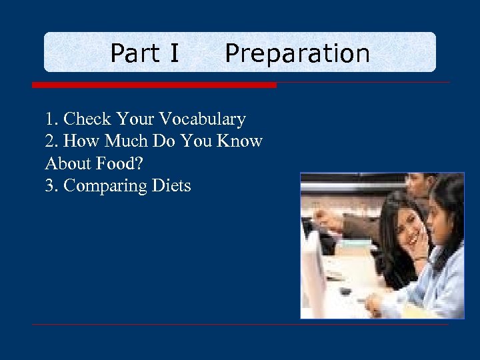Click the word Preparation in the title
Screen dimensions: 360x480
coord(297,53)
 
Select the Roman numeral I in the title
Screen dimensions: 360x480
coord(174,53)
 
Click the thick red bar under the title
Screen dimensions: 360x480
coord(154,85)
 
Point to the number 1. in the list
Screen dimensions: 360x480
coord(52,119)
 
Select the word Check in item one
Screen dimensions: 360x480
coord(87,119)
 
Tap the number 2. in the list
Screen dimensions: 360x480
coord(52,141)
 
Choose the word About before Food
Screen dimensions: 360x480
coord(69,163)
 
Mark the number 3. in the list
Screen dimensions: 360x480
coord(52,185)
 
